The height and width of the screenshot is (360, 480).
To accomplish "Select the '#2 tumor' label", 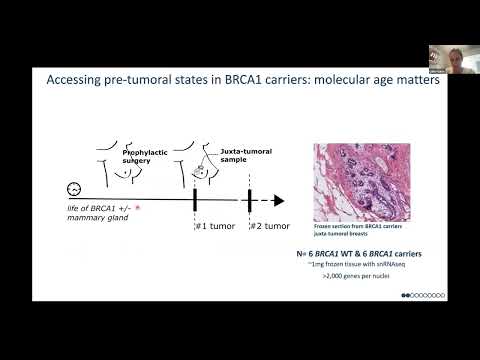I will [x=270, y=226].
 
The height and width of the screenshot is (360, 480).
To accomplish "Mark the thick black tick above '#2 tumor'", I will [x=250, y=200].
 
